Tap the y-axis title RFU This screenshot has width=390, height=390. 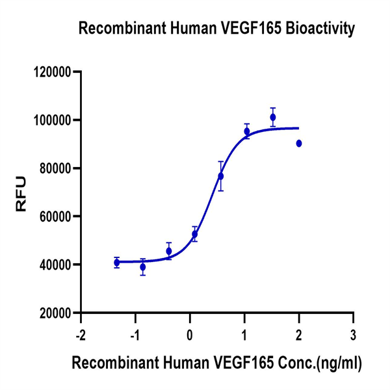21,193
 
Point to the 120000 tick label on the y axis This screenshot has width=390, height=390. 52,72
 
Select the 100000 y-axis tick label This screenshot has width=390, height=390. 52,120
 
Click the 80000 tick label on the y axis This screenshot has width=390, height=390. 55,168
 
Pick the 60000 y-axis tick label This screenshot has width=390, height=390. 55,216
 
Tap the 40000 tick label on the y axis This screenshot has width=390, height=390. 55,265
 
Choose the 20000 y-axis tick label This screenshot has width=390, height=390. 55,313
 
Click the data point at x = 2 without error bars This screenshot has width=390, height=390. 299,144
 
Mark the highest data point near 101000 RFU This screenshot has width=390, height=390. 273,117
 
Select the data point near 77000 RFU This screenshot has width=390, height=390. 221,176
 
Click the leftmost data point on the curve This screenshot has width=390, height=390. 117,263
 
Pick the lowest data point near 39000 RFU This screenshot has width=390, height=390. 143,266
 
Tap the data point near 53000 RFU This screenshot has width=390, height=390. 195,234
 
